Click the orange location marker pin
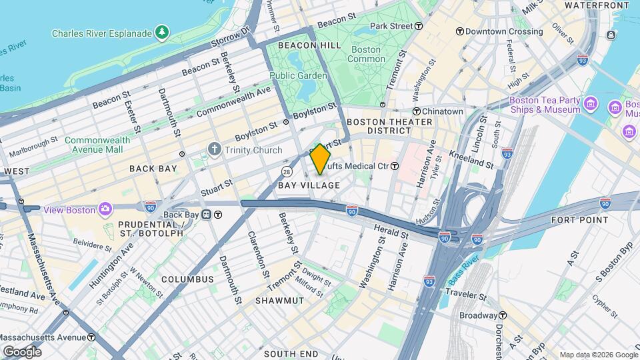[320, 159]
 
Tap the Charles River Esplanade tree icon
[161, 32]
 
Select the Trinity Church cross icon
[215, 150]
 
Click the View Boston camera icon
[105, 210]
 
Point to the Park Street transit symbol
[419, 26]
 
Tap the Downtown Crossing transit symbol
[460, 31]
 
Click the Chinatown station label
[445, 111]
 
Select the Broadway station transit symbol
[503, 315]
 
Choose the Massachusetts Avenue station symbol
[91, 337]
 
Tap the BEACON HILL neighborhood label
[300, 45]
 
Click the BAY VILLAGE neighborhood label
[309, 185]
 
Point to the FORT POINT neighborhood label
[579, 219]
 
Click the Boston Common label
[366, 55]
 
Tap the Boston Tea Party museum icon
[590, 104]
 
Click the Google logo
[22, 351]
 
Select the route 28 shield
[285, 172]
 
